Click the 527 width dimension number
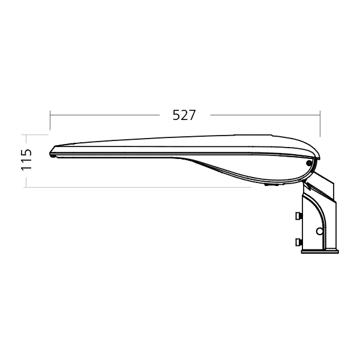coord(184,115)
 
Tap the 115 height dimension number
coord(26,160)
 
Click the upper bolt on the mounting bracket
coord(299,216)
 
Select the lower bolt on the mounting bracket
coord(299,242)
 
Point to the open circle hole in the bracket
coord(319,231)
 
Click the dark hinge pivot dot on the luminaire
coord(309,163)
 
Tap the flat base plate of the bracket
coord(320,251)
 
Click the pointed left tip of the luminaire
coord(50,154)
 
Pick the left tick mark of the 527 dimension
coord(50,120)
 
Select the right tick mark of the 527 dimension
coord(320,124)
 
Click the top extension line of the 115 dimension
coord(36,135)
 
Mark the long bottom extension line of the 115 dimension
coord(137,187)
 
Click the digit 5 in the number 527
coord(176,115)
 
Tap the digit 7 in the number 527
coord(192,115)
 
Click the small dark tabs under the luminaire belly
coord(272,184)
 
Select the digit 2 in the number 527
coord(184,115)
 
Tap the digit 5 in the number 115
coord(26,152)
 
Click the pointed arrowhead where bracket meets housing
coord(307,184)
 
